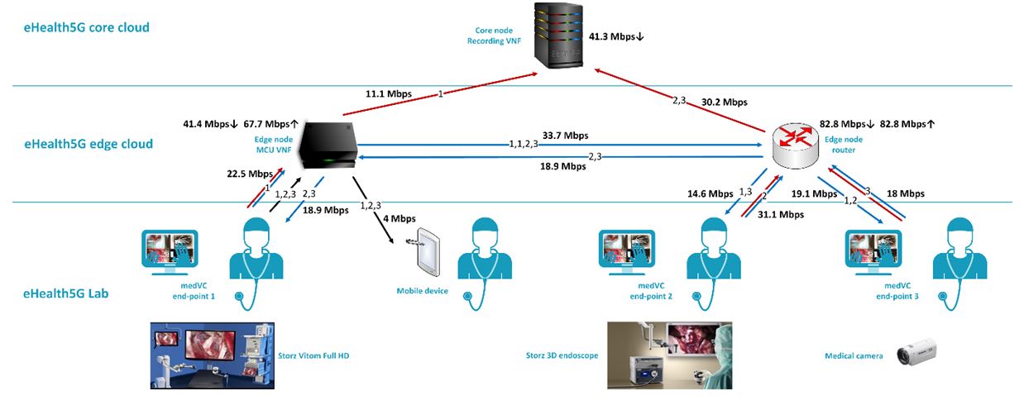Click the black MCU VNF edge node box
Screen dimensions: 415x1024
pyautogui.click(x=328, y=147)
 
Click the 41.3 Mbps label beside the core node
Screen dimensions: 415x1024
pyautogui.click(x=616, y=37)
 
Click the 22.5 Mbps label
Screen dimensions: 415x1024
pyautogui.click(x=250, y=174)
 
